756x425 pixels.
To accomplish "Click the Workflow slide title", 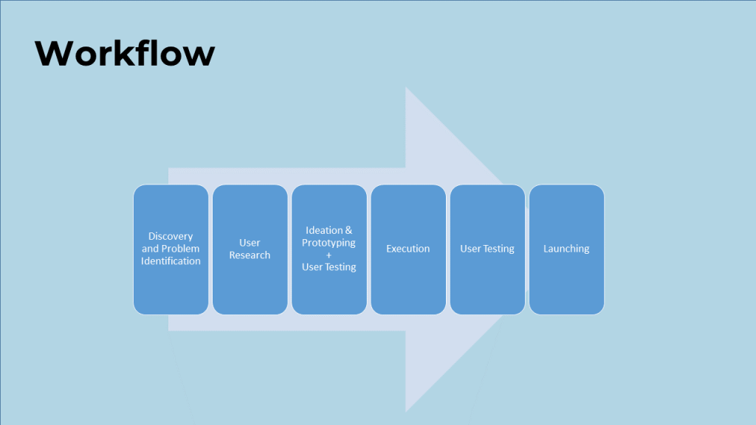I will pyautogui.click(x=125, y=53).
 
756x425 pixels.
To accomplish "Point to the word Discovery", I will pyautogui.click(x=171, y=236).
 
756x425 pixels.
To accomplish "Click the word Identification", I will pyautogui.click(x=171, y=261).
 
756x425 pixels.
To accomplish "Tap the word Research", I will pyautogui.click(x=250, y=255).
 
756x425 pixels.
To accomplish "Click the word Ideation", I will pyautogui.click(x=323, y=230).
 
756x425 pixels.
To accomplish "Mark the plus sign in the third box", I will pyautogui.click(x=329, y=255).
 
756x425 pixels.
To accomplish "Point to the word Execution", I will pyautogui.click(x=408, y=249).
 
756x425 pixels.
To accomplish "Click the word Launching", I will pyautogui.click(x=566, y=249).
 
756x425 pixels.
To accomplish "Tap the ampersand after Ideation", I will pyautogui.click(x=348, y=230).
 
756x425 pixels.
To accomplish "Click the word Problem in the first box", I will pyautogui.click(x=182, y=249).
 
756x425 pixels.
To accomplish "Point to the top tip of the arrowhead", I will pyautogui.click(x=406, y=88).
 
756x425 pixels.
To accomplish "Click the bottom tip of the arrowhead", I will pyautogui.click(x=406, y=411).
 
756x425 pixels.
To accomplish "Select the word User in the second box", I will pyautogui.click(x=250, y=243).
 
